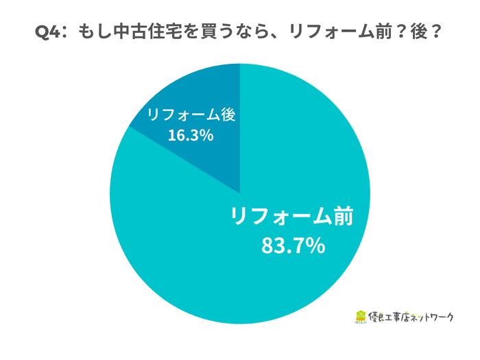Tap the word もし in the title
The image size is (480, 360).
click(90, 33)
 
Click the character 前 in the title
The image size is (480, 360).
click(374, 33)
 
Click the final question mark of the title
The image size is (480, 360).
click(432, 33)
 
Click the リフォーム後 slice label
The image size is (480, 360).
click(191, 115)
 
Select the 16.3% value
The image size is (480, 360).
click(191, 136)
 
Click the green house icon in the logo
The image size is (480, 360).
click(361, 317)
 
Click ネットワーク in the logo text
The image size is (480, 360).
click(435, 317)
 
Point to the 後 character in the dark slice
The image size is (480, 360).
click(229, 115)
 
